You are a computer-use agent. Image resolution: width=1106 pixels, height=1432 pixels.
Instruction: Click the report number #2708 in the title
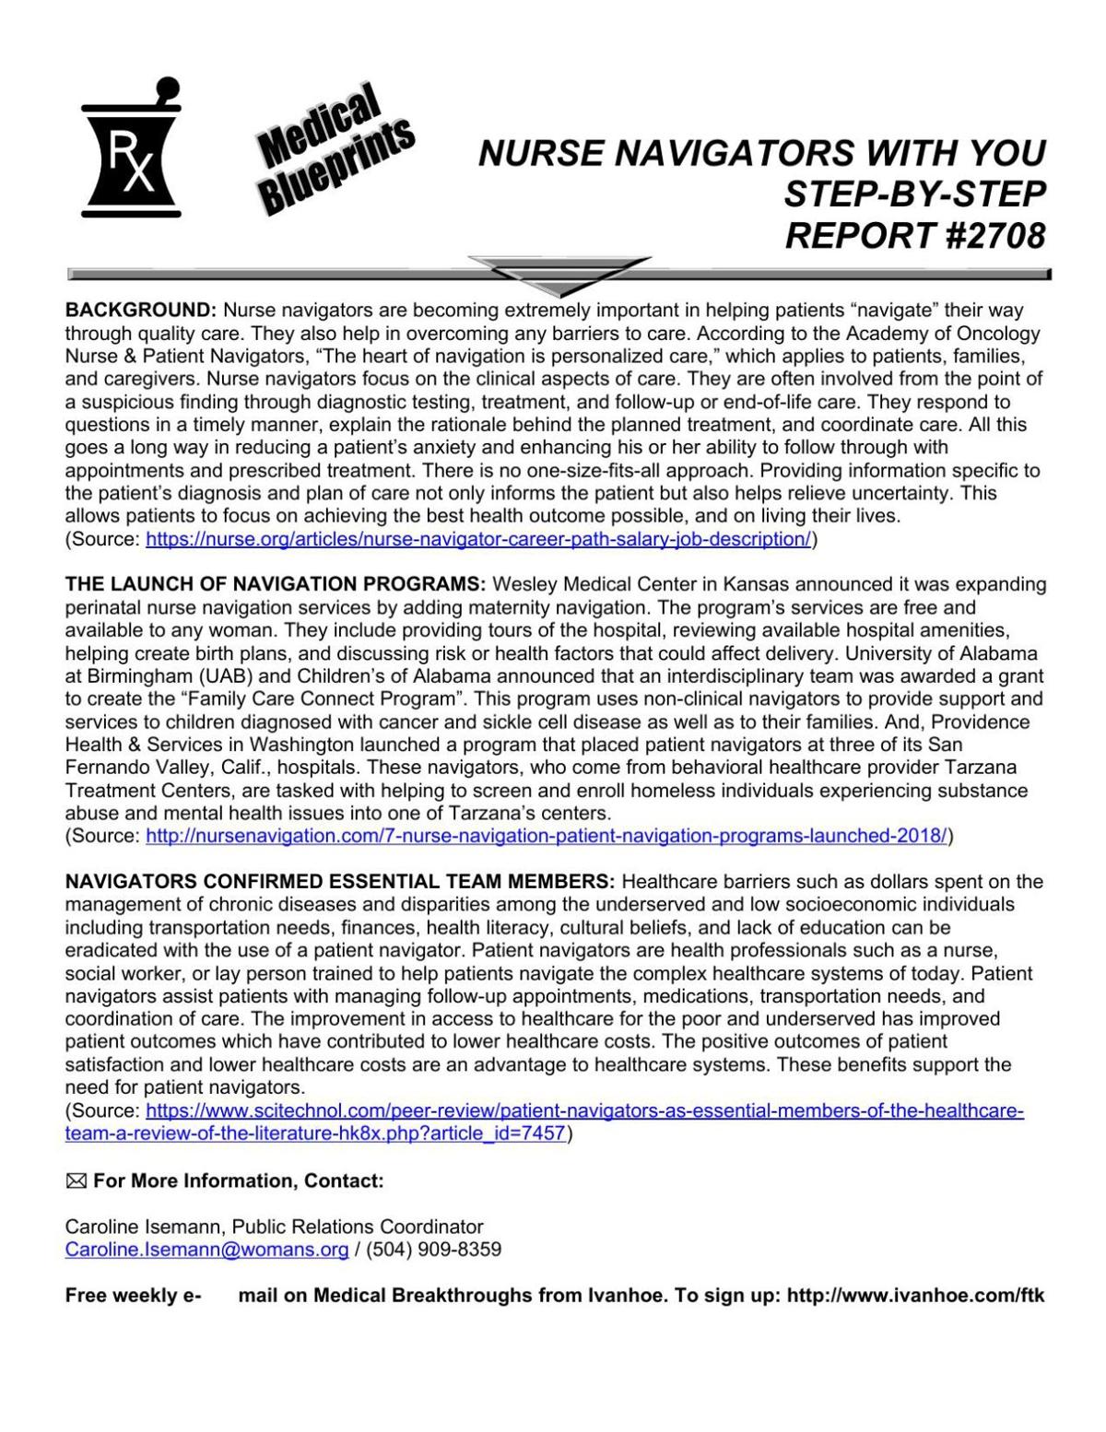click(979, 236)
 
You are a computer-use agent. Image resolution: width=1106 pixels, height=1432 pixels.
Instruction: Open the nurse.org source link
click(478, 539)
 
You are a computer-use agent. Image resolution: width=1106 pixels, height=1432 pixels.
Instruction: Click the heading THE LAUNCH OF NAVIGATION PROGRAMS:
click(276, 584)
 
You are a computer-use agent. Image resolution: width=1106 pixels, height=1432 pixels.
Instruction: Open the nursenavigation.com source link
click(547, 836)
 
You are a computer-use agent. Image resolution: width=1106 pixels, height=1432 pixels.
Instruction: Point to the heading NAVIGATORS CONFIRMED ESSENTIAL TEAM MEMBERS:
click(339, 882)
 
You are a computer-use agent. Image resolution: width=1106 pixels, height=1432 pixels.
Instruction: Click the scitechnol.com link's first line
click(584, 1110)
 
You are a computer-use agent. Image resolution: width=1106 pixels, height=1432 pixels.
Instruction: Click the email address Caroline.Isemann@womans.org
click(206, 1250)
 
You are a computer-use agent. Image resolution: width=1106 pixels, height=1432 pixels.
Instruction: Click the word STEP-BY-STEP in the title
click(914, 194)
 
